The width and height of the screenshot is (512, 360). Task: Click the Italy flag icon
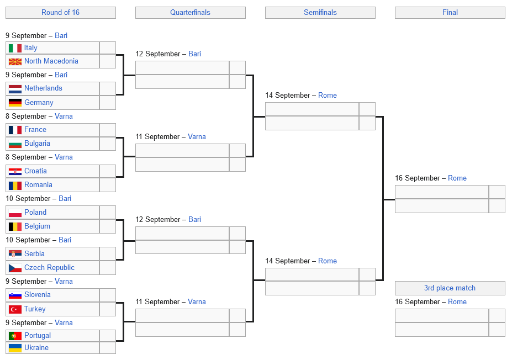point(15,48)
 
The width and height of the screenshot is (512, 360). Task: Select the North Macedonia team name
point(51,61)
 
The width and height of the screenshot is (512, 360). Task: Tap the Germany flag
point(15,103)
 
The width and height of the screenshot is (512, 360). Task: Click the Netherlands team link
point(43,88)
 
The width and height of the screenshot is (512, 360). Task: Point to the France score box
point(108,130)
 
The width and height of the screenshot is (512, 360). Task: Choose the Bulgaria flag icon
point(15,144)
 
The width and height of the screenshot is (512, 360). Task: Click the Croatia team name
point(35,171)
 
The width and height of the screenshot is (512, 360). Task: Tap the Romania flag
point(15,185)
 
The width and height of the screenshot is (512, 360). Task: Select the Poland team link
point(35,213)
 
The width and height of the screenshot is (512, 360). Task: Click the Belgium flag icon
point(15,226)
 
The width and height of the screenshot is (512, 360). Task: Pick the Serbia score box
point(108,254)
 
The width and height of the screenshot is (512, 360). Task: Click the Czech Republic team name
point(49,268)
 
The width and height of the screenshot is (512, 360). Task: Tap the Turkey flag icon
point(15,309)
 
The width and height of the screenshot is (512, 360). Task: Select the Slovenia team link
point(38,295)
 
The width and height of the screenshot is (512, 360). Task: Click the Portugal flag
point(15,336)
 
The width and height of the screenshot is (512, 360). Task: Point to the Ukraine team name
point(36,348)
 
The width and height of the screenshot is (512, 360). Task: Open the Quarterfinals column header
point(190,12)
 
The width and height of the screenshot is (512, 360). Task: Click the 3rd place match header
point(450,288)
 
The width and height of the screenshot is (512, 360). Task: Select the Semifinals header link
point(320,12)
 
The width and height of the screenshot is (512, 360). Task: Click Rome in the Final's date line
point(457,178)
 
